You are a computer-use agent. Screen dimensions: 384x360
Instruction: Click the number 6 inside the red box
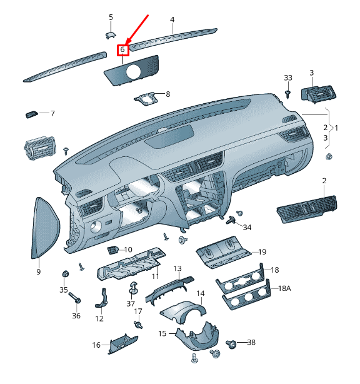click(123, 49)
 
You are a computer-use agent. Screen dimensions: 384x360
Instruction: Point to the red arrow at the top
click(138, 28)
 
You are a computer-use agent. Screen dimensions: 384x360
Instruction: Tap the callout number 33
click(287, 78)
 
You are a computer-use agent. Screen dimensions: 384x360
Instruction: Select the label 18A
click(284, 288)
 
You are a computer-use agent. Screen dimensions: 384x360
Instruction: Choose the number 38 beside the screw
click(251, 342)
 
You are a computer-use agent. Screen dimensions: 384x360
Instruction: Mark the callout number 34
click(247, 227)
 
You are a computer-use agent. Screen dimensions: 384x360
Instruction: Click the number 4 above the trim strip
click(172, 19)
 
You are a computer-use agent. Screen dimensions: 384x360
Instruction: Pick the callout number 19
click(262, 252)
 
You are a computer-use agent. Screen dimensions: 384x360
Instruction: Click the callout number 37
click(131, 303)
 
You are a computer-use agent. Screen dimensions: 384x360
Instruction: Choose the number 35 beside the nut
click(63, 290)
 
